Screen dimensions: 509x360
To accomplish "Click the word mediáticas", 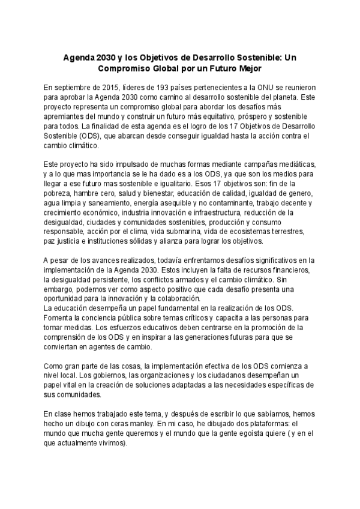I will tap(290, 164).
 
